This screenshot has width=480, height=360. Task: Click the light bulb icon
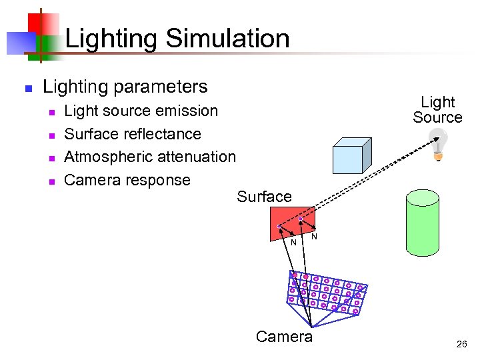tap(438, 145)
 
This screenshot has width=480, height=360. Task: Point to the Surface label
tap(264, 197)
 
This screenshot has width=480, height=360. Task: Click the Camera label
tap(284, 337)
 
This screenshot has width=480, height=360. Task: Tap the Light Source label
tap(437, 110)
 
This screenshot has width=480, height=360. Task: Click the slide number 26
tap(461, 345)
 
